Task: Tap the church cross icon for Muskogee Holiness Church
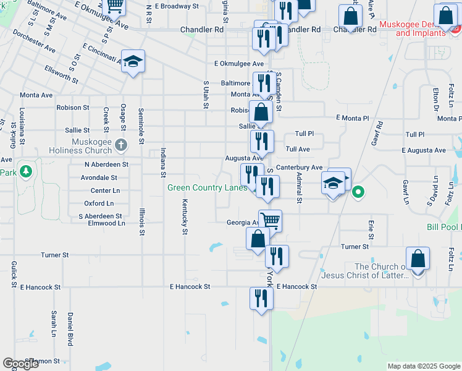[121, 146]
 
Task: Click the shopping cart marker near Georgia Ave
[270, 220]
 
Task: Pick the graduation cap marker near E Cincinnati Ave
[133, 62]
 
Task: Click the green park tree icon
[26, 170]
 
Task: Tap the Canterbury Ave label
[299, 168]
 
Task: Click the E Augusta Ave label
[423, 150]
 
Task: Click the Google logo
[20, 364]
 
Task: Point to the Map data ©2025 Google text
[423, 366]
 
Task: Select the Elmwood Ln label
[106, 223]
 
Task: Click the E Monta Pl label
[352, 117]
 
